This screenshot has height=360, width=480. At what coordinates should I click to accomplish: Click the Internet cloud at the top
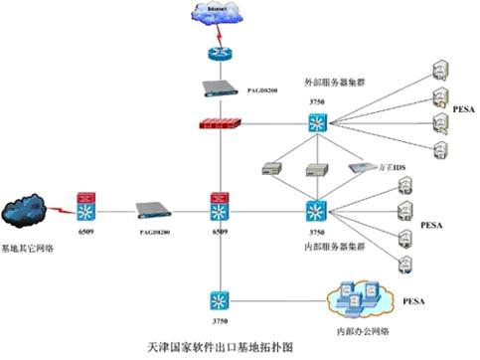coord(215,15)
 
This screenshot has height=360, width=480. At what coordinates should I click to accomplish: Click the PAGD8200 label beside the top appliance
coord(259,89)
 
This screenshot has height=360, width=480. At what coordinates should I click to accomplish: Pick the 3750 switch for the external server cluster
coord(316,123)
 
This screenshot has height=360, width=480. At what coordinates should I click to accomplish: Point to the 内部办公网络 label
coord(364,325)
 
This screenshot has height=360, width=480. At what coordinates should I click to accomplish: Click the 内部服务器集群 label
coord(338,246)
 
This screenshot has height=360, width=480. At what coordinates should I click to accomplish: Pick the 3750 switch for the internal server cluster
coord(316,211)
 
